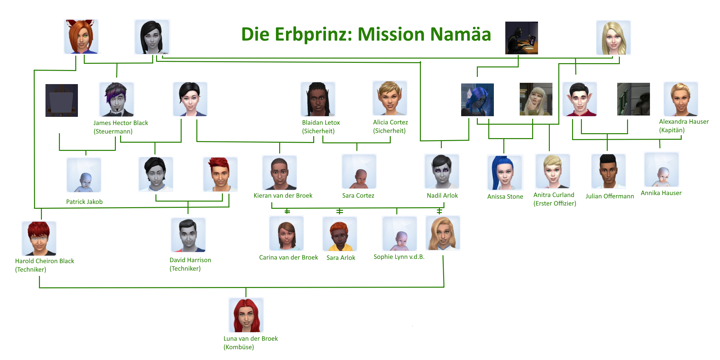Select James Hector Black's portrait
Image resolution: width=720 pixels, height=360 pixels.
[x=117, y=99]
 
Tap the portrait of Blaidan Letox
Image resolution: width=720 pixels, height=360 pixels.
[x=318, y=99]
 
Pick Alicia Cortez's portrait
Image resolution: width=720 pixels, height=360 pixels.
[x=390, y=98]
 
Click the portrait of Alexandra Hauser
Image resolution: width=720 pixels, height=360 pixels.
[x=681, y=99]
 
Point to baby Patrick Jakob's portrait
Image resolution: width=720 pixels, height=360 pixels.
[x=84, y=175]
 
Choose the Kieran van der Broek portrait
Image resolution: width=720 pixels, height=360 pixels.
[x=279, y=172]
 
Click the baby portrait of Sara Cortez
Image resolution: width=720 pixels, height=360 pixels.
[x=359, y=171]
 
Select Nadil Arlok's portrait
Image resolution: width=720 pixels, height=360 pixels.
[x=442, y=171]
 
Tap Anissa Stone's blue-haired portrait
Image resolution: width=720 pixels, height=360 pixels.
[x=505, y=172]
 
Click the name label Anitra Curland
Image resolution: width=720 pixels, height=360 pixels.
[x=554, y=195]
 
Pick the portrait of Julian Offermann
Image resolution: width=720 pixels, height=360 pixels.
[x=608, y=171]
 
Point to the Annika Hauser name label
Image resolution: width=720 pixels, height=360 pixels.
[x=661, y=193]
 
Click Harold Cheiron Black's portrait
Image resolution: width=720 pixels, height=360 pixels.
[x=39, y=238]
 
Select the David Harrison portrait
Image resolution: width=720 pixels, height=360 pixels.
[x=188, y=235]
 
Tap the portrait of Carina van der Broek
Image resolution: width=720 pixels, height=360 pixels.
[x=286, y=233]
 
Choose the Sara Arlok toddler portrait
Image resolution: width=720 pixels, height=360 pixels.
[x=340, y=234]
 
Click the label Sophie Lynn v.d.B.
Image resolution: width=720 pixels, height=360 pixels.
[x=399, y=257]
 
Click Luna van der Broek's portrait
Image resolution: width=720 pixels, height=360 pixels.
[x=246, y=315]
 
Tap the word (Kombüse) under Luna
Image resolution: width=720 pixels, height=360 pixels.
[x=239, y=347]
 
